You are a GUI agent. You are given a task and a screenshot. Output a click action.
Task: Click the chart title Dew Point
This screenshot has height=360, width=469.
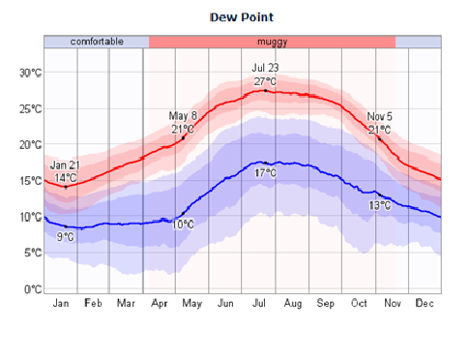tap(242, 17)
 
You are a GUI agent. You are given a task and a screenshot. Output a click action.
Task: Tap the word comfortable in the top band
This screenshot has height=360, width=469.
tap(96, 42)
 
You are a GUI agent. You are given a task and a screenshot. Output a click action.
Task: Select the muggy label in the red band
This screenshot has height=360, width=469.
tap(272, 42)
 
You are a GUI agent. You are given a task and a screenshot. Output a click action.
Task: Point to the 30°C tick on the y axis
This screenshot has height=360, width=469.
tap(30, 73)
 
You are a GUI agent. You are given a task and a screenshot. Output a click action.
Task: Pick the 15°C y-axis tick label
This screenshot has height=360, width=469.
tap(30, 181)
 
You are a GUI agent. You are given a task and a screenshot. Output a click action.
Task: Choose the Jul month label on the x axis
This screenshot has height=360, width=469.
tap(259, 303)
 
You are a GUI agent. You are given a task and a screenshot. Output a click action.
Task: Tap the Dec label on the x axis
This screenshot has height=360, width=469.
tap(425, 303)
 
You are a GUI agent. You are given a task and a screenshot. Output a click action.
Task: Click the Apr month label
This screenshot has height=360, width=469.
tap(160, 303)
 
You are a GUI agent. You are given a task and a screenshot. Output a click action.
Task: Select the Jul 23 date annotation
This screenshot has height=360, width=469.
tap(265, 68)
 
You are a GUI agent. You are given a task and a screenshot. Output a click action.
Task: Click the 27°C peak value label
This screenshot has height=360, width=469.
tap(265, 81)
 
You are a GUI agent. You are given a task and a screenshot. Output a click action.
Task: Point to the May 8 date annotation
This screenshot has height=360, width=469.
tap(183, 116)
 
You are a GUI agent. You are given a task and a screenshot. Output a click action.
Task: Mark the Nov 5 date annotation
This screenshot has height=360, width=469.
tap(379, 116)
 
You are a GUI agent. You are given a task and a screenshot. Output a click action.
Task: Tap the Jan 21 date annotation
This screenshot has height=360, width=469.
tap(65, 165)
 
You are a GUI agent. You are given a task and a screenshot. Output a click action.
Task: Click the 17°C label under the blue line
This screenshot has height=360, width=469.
tap(265, 172)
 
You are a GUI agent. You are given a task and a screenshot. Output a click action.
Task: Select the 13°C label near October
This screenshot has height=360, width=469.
tap(379, 205)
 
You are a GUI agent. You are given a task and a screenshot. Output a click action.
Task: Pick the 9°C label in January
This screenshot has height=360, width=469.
tap(65, 236)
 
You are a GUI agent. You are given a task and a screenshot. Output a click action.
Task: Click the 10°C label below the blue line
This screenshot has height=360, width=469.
tap(183, 225)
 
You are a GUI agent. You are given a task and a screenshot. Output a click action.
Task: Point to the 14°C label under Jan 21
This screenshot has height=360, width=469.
tap(65, 177)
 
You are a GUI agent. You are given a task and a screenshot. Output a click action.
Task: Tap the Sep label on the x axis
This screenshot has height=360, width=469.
tap(325, 303)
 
